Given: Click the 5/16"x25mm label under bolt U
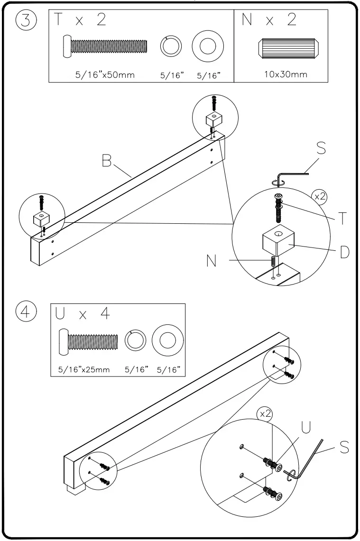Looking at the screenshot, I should point(84,370).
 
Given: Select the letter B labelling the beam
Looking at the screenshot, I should point(107,162).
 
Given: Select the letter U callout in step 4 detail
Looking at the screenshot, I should point(306,428).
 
